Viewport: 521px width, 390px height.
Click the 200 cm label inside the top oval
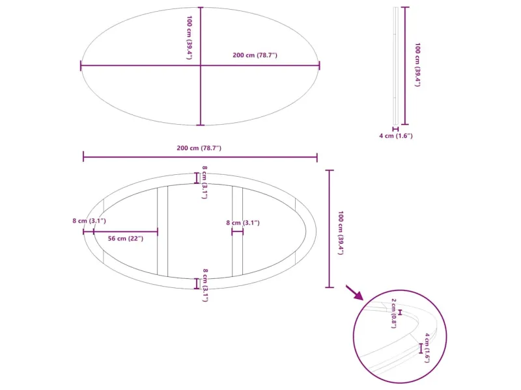(255, 55)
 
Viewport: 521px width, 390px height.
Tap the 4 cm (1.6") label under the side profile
(396, 136)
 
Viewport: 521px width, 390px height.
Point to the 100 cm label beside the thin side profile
(417, 65)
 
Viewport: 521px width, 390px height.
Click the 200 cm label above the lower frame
(199, 148)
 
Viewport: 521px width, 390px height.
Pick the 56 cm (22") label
(125, 239)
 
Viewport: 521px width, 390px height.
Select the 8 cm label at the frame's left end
(89, 221)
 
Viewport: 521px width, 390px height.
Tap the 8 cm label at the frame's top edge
(204, 182)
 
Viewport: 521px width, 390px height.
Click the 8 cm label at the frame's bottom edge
(204, 285)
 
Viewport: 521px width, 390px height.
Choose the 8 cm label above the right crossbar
(243, 223)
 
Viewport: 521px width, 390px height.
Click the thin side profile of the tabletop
(395, 65)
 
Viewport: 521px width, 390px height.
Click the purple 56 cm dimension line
(125, 231)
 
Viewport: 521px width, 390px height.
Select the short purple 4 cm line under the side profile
(395, 129)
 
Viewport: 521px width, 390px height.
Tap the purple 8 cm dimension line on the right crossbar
(238, 231)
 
